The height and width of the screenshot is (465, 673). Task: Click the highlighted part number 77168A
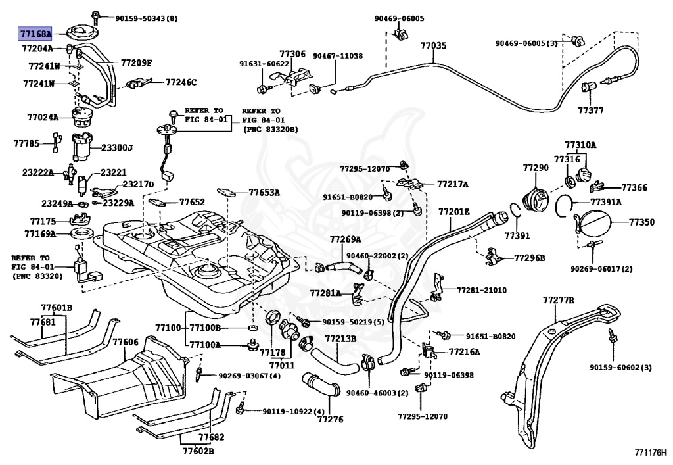point(35,33)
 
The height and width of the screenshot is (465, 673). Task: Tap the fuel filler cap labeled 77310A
point(585,176)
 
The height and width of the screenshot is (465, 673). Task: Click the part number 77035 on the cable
point(433,45)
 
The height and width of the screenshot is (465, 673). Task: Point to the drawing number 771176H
point(651,453)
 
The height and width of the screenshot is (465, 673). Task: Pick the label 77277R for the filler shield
point(558,300)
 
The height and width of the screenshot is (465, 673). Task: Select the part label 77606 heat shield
point(126,342)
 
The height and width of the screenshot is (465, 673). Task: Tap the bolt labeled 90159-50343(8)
point(95,18)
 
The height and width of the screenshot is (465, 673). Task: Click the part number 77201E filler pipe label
point(453,212)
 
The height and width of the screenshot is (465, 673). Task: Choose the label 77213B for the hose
point(340,339)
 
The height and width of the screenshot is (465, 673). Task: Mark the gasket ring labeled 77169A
point(81,234)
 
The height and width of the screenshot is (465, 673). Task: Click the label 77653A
point(264,193)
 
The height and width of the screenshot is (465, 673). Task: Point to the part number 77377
point(590,110)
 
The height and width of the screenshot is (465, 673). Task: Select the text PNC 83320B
point(270,129)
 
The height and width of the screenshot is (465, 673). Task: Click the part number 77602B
point(198,451)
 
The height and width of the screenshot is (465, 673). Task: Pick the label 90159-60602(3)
point(620,368)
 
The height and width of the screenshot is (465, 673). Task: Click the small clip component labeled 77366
point(597,187)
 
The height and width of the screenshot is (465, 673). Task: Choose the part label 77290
point(536,168)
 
